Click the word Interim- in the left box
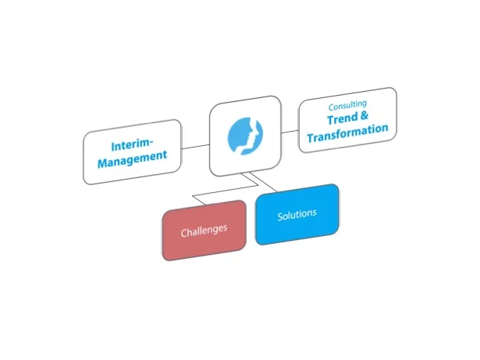(x=130, y=144)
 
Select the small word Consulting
(x=347, y=104)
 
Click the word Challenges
(x=203, y=231)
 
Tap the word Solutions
(x=296, y=214)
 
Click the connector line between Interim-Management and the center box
(x=195, y=146)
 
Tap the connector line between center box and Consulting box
(x=290, y=131)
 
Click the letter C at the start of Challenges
(x=184, y=233)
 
